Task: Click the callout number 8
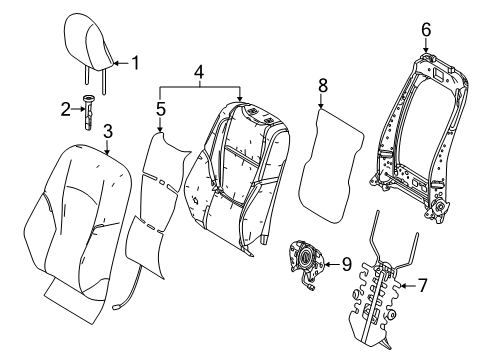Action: tap(321, 86)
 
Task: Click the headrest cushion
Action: tap(91, 38)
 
